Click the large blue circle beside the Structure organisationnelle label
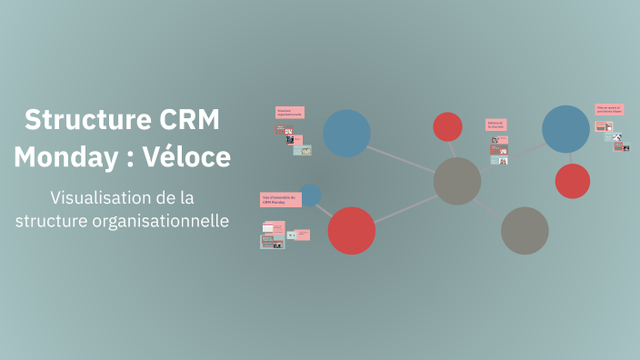coord(346,133)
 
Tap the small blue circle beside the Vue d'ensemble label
coord(310,195)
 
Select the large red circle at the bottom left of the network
coord(351,230)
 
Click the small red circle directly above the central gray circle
coord(447,126)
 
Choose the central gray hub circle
coord(457,181)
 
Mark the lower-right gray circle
coord(525,230)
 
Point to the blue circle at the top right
coord(565,129)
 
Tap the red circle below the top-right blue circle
coord(572,181)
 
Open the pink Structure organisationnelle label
coord(290,113)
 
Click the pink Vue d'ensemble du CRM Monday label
coord(280,199)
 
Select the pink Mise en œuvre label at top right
coord(608,110)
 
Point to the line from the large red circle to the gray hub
coord(405,205)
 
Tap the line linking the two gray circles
coord(490,205)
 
